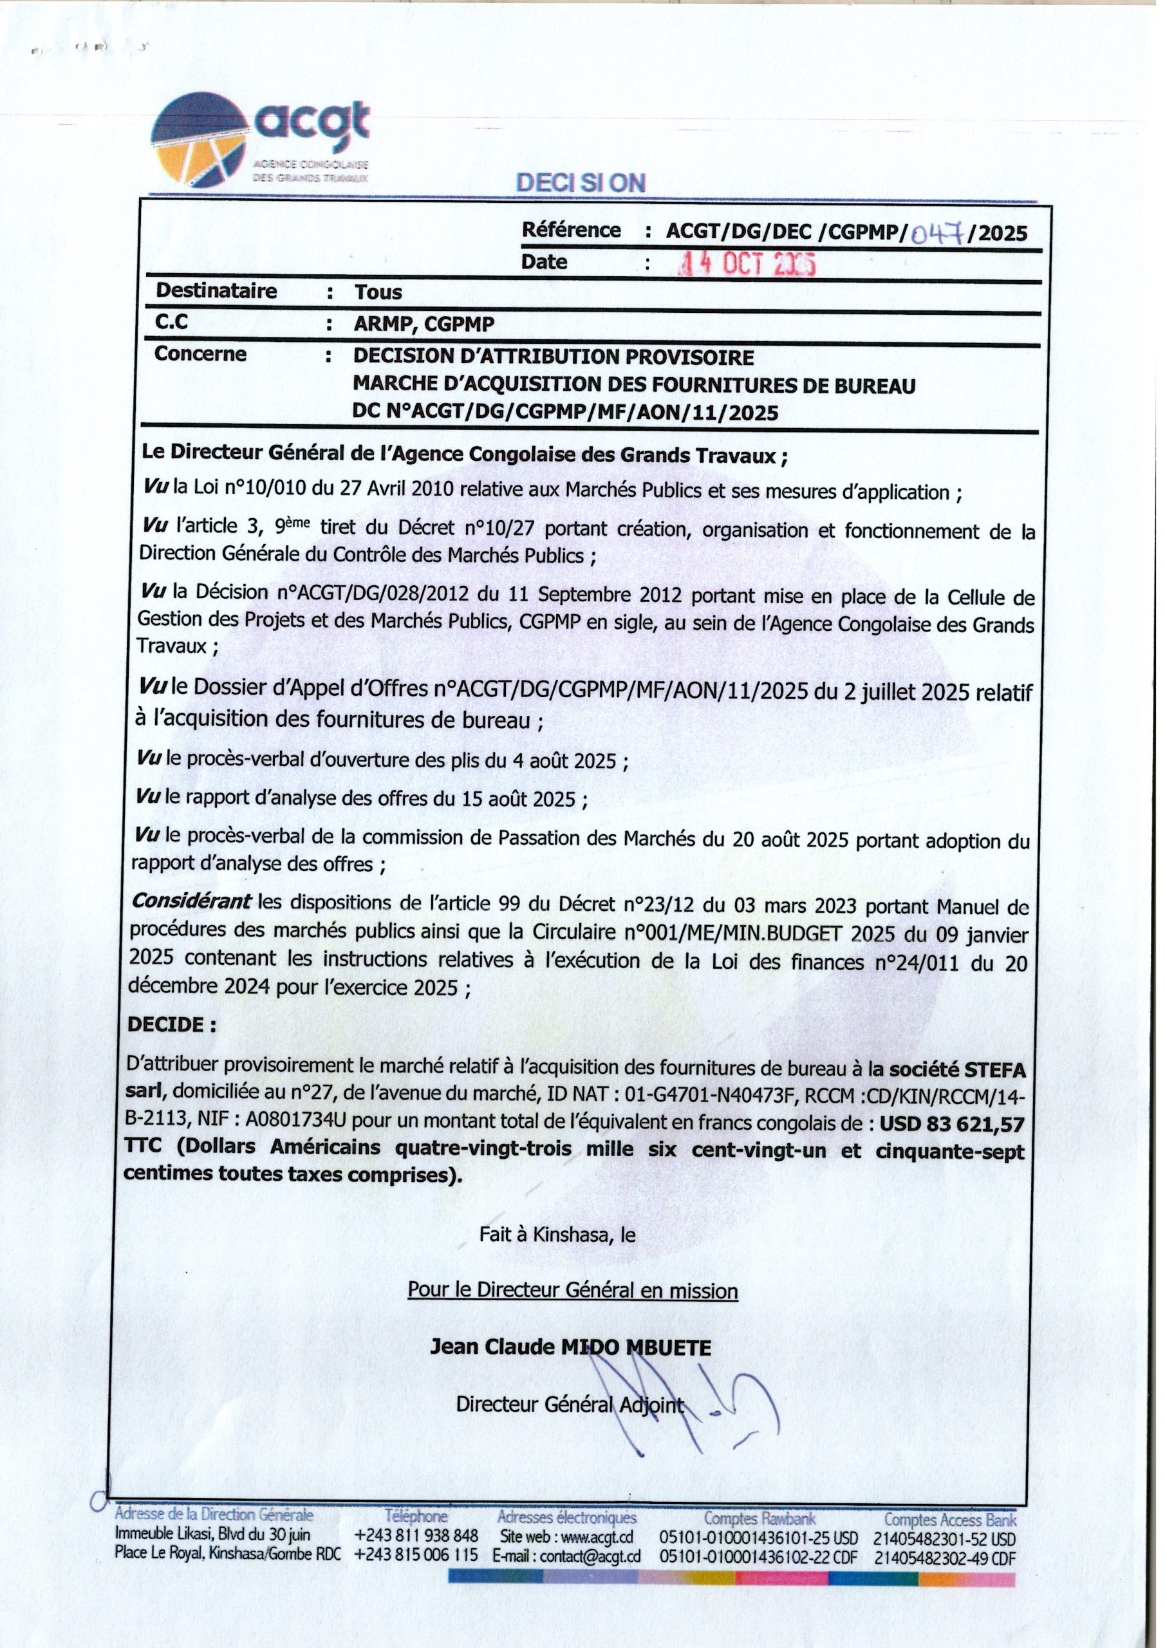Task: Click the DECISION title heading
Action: click(581, 183)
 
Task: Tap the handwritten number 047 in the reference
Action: click(936, 232)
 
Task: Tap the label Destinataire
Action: click(216, 291)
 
